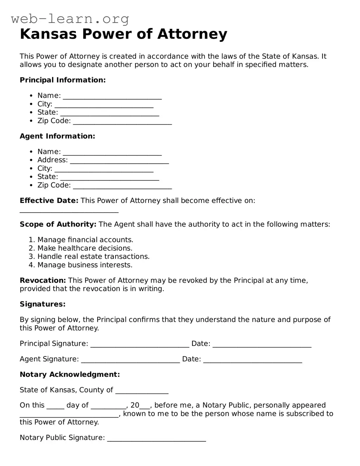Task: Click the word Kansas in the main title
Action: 49,34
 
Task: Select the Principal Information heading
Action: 63,80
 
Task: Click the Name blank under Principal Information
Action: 112,96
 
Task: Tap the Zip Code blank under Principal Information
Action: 122,122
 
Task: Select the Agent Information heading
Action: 57,136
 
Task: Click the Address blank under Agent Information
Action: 119,161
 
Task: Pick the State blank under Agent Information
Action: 110,177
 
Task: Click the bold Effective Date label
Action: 49,201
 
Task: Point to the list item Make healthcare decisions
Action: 85,248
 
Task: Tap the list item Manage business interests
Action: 85,265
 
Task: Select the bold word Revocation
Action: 42,281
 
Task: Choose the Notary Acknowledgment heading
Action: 70,375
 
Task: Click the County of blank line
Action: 142,391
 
